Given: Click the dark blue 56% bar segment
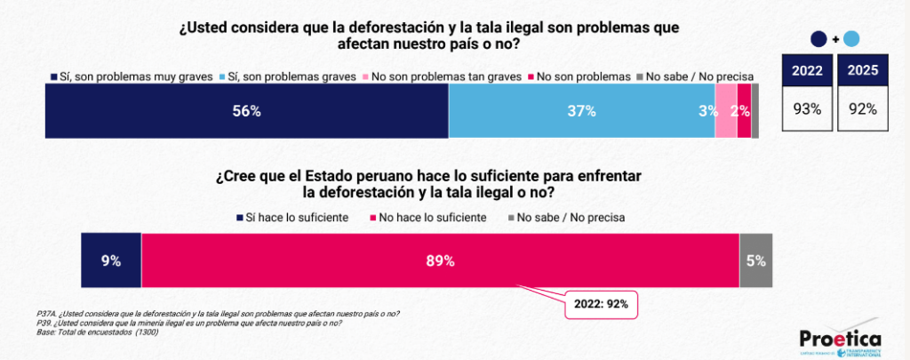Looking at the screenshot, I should (x=246, y=112).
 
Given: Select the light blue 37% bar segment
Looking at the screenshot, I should (x=581, y=112).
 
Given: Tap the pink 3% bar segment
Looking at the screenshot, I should (x=726, y=112).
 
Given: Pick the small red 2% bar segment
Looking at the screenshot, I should (x=744, y=112).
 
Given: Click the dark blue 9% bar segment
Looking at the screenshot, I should (x=111, y=261).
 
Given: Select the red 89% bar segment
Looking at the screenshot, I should (x=440, y=261).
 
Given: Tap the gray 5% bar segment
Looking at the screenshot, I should (x=756, y=261).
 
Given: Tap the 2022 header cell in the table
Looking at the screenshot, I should (x=807, y=70).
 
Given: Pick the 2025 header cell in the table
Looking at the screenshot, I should (x=863, y=70).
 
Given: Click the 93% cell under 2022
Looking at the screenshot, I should (x=807, y=109).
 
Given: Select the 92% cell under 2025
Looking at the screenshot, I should (x=863, y=109).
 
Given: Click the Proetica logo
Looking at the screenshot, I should (x=839, y=340).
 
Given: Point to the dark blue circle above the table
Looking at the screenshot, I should (x=819, y=38).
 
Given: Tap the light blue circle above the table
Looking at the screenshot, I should (x=850, y=38).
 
